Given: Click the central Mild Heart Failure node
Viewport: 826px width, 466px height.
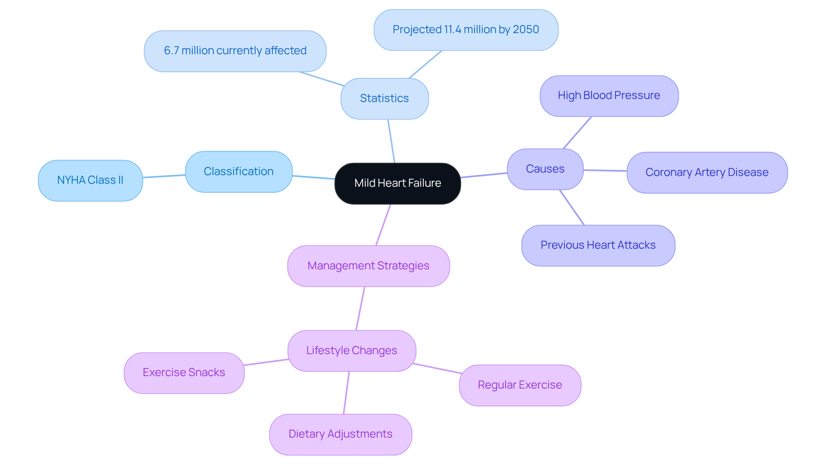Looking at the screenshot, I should (x=398, y=183).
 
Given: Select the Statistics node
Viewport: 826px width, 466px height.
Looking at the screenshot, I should (x=384, y=99).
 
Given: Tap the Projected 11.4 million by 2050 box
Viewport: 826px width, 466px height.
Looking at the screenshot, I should (x=465, y=30).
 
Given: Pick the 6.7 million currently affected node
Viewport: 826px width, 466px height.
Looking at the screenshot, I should (x=235, y=51).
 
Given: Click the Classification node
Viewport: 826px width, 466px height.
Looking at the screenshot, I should (x=238, y=172).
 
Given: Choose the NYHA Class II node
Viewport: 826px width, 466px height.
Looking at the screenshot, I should (x=90, y=180).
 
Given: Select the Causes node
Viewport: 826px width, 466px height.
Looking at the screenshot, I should (x=545, y=169).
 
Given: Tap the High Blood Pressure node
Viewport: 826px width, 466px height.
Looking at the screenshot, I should (x=609, y=96).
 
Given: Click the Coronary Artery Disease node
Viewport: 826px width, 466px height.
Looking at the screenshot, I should (x=706, y=173).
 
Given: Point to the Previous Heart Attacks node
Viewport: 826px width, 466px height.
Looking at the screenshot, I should (x=598, y=245).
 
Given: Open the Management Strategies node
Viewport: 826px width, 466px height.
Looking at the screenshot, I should (x=368, y=266).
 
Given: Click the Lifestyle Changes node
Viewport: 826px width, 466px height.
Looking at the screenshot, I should (x=351, y=351).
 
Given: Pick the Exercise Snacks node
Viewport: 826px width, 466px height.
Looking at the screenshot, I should (x=184, y=373).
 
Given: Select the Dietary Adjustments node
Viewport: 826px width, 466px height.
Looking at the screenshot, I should (x=340, y=434).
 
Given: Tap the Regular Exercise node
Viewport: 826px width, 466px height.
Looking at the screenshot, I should (x=520, y=385).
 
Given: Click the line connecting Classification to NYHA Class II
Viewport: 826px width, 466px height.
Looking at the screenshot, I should (x=164, y=176).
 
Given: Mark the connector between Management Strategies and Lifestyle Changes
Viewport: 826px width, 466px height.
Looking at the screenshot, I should (x=360, y=309).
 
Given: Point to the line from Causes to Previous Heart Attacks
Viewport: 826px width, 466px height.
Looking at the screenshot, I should (x=572, y=207).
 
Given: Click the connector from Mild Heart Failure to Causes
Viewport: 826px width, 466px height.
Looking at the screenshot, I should (x=484, y=175).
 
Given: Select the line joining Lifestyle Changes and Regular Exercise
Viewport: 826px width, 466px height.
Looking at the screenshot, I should (x=437, y=368).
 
